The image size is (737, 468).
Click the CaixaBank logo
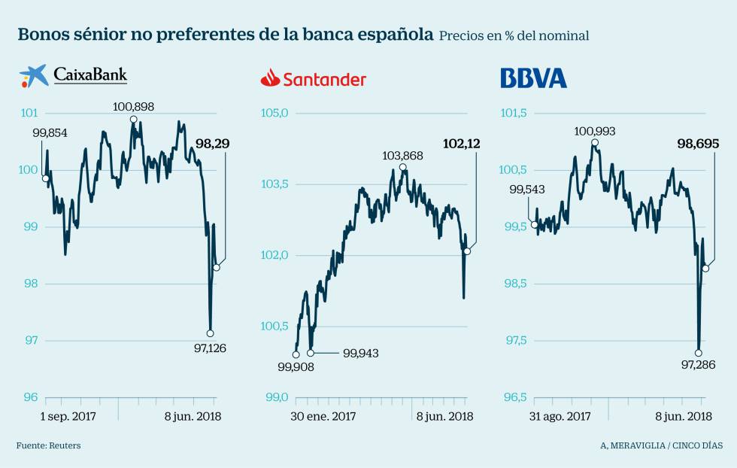click(73, 76)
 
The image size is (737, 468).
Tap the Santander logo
click(313, 78)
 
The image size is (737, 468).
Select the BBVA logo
click(533, 77)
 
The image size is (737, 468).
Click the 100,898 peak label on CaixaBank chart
click(133, 107)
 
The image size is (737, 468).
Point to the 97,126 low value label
click(210, 348)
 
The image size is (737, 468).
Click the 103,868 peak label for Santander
click(402, 156)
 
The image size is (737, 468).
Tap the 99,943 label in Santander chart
click(361, 353)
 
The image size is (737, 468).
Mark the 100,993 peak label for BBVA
click(594, 131)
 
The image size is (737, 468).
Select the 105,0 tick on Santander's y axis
click(274, 114)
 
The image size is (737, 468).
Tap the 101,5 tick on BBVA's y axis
click(515, 114)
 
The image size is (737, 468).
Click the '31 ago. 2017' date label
click(560, 416)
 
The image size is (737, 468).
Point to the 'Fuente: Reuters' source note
click(48, 445)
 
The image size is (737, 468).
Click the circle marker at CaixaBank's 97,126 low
click(210, 333)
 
